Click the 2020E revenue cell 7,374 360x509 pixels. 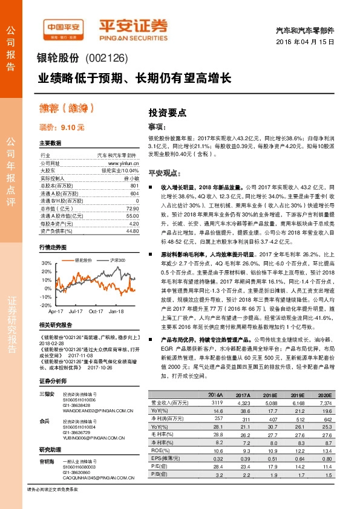(x=325, y=402)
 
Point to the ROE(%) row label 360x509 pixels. (x=159, y=450)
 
